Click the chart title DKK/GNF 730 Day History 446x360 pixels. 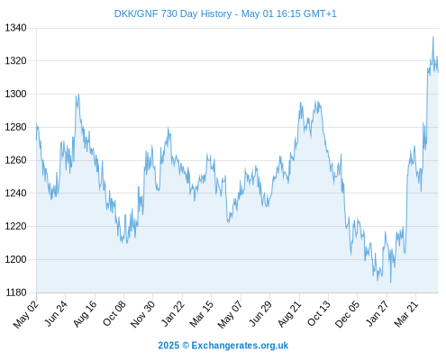tap(173, 13)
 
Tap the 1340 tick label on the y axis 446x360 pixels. tap(15, 28)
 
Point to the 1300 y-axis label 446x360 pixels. tap(15, 94)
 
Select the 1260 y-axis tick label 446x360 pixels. tap(15, 160)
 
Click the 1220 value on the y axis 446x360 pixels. tap(15, 226)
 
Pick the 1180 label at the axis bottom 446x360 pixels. tap(15, 292)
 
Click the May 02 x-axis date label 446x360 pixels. tap(26, 314)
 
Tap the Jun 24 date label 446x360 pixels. tap(56, 313)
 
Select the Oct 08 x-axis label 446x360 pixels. tap(114, 313)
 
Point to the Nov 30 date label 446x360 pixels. tap(142, 314)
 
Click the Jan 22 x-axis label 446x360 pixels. tap(172, 313)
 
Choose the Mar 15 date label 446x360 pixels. tap(201, 313)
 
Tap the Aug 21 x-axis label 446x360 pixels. tap(289, 313)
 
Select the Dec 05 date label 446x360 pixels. tap(347, 314)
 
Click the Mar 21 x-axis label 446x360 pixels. tap(406, 313)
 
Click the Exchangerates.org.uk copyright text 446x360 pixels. tap(223, 346)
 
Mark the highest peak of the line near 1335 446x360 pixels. tap(433, 37)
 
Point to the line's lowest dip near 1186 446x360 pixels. tap(391, 283)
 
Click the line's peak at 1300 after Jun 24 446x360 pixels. tap(78, 94)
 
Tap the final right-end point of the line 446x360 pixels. tap(439, 72)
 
